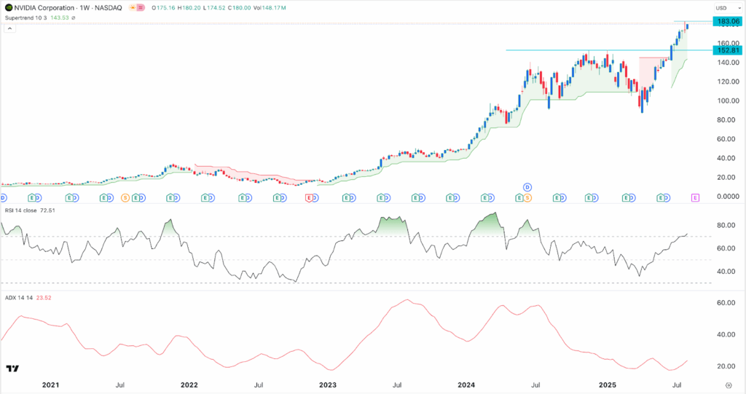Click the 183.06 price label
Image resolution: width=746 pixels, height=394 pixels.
pyautogui.click(x=727, y=23)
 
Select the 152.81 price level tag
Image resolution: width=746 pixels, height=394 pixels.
pyautogui.click(x=727, y=50)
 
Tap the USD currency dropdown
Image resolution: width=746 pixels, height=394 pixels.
pyautogui.click(x=722, y=8)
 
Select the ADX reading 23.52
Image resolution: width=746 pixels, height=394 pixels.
pyautogui.click(x=43, y=297)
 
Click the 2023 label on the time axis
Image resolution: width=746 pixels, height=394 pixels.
pyautogui.click(x=328, y=383)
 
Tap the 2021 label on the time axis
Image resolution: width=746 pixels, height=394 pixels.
pyautogui.click(x=50, y=383)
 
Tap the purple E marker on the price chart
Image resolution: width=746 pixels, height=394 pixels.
pyautogui.click(x=696, y=197)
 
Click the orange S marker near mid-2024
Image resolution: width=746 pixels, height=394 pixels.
pyautogui.click(x=528, y=197)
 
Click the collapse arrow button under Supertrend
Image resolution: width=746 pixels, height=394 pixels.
pyautogui.click(x=10, y=29)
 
